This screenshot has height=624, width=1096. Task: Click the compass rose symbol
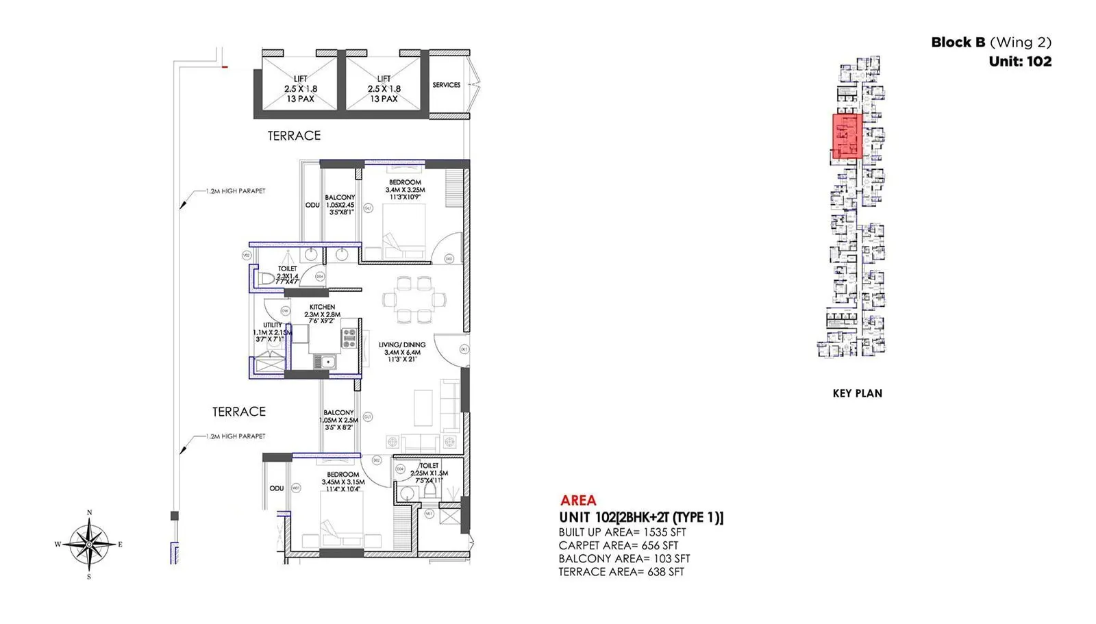click(x=89, y=545)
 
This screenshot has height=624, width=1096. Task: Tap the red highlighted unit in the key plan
click(x=847, y=136)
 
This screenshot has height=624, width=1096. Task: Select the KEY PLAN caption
click(x=857, y=393)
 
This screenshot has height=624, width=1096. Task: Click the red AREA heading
click(x=578, y=500)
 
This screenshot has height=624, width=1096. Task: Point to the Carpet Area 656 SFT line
click(x=618, y=545)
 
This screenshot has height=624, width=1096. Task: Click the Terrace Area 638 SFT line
click(x=621, y=571)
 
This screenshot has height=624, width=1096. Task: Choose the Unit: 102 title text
click(x=1019, y=61)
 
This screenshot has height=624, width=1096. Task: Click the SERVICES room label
click(x=446, y=85)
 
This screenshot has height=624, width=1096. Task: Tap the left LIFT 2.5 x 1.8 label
click(x=301, y=88)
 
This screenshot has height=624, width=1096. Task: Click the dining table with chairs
click(x=414, y=299)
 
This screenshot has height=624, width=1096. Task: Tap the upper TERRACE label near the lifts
click(x=294, y=136)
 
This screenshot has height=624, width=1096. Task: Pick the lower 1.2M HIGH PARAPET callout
click(x=235, y=436)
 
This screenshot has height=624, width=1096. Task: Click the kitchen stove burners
click(x=349, y=336)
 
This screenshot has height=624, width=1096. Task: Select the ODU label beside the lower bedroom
click(x=276, y=488)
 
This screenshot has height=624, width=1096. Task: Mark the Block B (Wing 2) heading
click(x=991, y=42)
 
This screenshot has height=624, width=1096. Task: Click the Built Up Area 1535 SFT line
click(x=621, y=532)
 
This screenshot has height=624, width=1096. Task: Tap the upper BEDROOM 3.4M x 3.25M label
click(x=405, y=190)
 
